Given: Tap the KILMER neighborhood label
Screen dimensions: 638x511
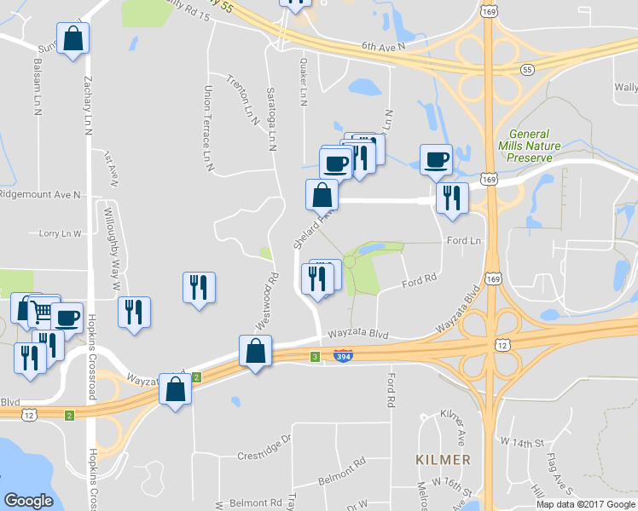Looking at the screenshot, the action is pos(443,460).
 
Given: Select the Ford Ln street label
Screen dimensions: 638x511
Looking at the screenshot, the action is pos(465,241).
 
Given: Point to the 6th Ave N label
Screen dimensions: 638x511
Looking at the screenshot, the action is pos(382,46).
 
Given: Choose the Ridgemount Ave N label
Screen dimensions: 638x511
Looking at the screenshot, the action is pos(40,194).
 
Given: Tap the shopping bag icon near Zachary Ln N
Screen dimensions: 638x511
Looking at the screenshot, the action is pos(73,38).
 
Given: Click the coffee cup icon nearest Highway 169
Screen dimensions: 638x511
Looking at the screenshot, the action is pos(437,159).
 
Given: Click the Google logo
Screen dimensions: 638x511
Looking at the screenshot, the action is pos(28,501).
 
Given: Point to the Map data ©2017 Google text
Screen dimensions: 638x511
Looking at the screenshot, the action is pos(585,504).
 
